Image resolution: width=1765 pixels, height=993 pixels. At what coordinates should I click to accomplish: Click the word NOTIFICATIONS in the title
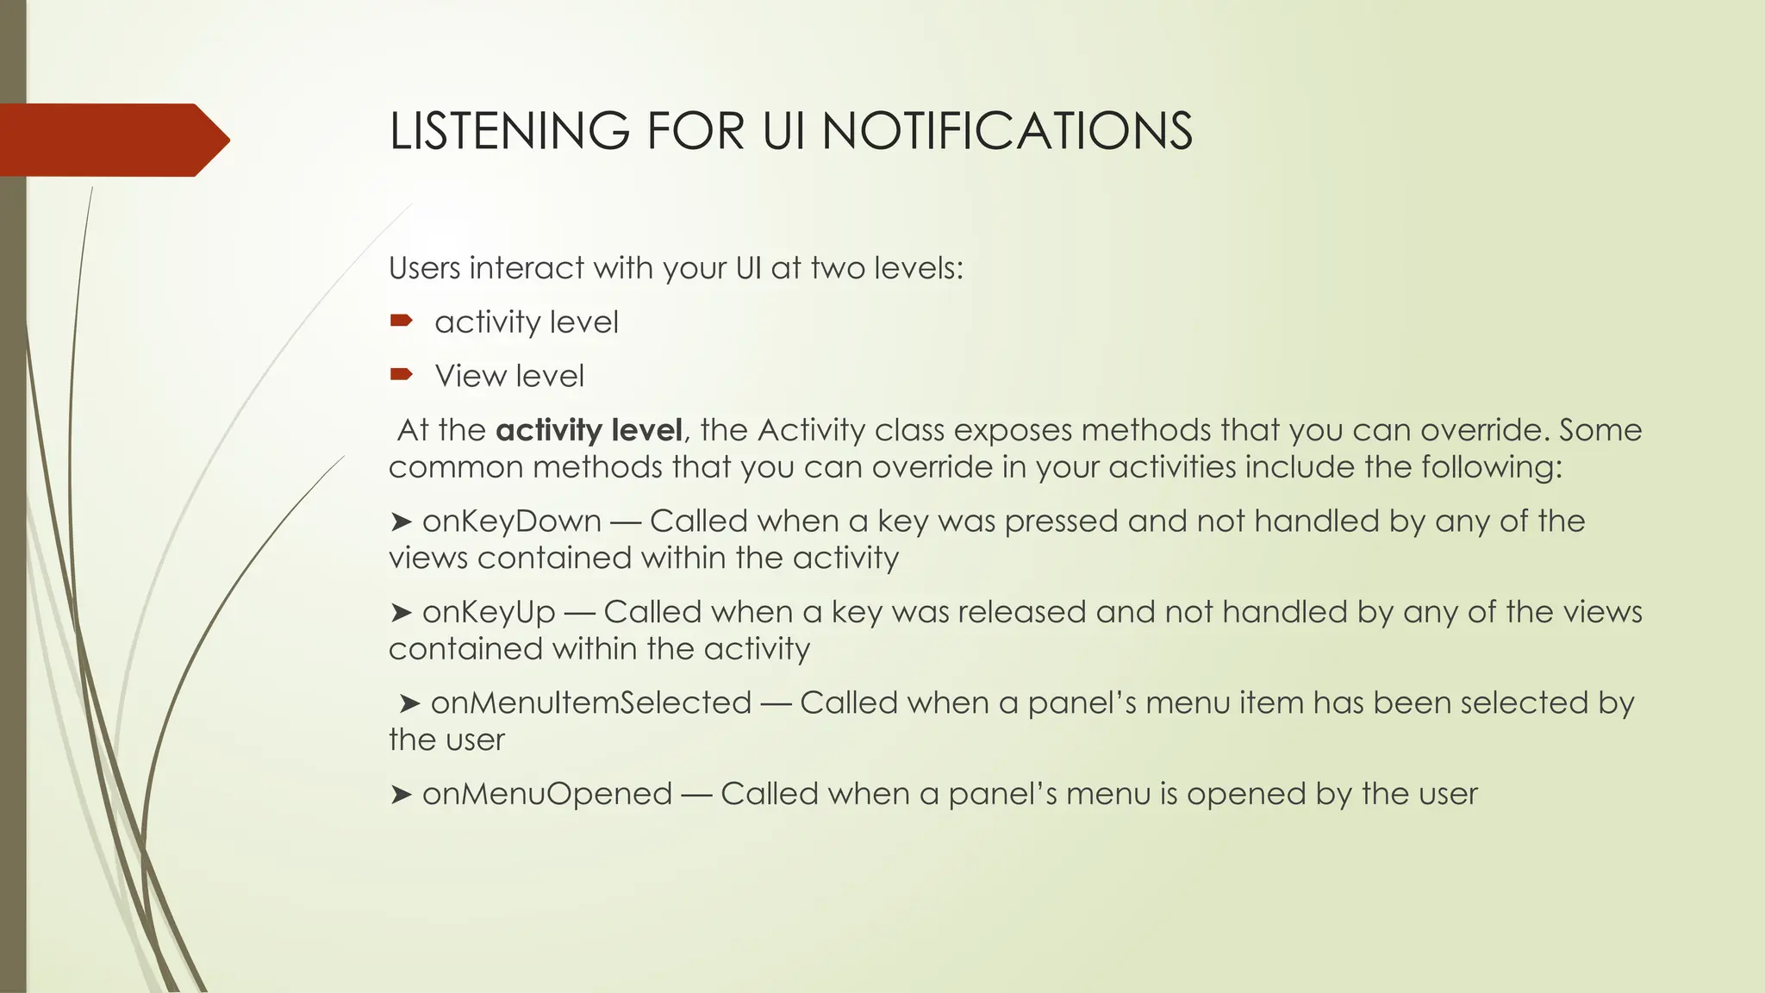[x=1007, y=132]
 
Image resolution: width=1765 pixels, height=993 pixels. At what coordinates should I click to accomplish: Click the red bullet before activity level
[x=401, y=322]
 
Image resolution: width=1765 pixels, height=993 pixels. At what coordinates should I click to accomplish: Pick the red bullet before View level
[x=401, y=375]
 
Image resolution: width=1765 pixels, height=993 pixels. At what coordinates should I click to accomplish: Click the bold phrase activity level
[x=589, y=430]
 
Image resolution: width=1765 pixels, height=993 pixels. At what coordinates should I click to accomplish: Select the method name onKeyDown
[x=511, y=521]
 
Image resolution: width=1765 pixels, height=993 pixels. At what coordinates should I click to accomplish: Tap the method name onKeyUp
[x=489, y=612]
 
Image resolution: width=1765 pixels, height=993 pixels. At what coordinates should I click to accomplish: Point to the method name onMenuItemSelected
[x=590, y=703]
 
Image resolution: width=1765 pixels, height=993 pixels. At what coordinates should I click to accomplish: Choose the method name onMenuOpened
[x=546, y=794]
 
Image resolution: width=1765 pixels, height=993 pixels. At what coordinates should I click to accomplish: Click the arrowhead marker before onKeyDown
[x=400, y=522]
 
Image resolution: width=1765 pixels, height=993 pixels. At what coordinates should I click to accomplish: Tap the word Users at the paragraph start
[x=424, y=268]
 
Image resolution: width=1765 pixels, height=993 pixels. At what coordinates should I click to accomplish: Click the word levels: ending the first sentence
[x=918, y=268]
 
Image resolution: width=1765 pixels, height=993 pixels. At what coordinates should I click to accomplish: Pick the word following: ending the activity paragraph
[x=1491, y=467]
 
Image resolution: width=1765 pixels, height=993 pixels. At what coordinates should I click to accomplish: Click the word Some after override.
[x=1600, y=430]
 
